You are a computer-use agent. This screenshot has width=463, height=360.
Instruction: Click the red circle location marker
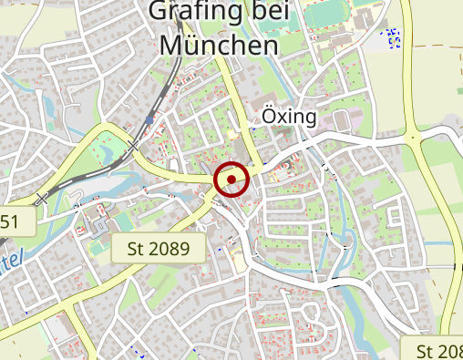tap(231, 180)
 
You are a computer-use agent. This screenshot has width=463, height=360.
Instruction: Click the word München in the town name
tap(218, 44)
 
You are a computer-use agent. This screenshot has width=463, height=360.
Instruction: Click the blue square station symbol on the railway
tap(149, 119)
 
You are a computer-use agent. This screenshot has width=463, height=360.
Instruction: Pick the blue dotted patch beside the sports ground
tap(391, 38)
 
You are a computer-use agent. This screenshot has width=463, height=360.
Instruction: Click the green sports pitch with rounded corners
tap(334, 14)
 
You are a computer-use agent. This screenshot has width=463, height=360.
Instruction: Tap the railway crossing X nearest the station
tap(134, 147)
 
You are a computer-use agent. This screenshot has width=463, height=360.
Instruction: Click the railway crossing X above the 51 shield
tap(41, 198)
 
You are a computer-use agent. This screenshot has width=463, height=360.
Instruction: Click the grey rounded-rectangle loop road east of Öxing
tap(342, 119)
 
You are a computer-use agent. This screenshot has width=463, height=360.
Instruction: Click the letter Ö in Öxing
tap(269, 117)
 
